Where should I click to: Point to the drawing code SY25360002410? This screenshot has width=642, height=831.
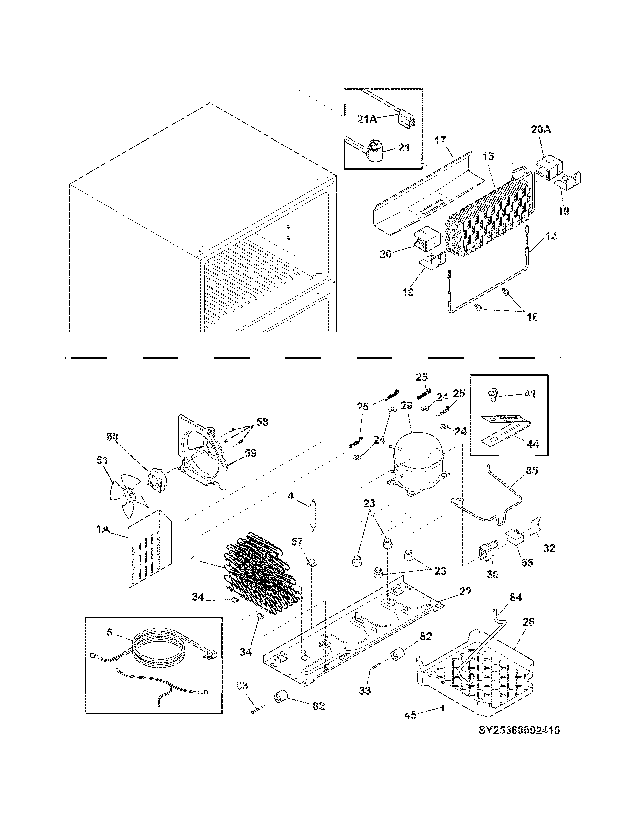(519, 730)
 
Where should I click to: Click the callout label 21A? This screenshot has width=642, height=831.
(367, 119)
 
